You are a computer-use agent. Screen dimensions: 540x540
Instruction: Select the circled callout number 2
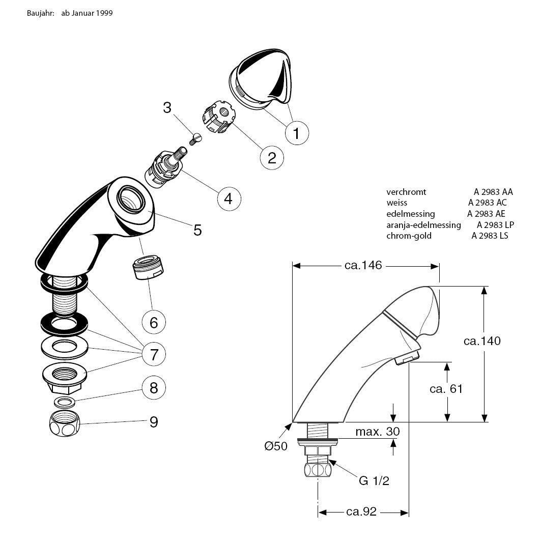coord(272,157)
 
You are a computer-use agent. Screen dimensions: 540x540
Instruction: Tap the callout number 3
coord(167,108)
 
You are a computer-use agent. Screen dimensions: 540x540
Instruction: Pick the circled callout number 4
coord(228,198)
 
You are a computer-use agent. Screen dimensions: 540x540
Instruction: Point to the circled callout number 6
coord(153,322)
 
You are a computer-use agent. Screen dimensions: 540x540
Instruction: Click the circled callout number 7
coord(154,353)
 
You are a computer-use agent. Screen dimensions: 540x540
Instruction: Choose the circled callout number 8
coord(154,388)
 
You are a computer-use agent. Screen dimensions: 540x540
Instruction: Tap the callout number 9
coord(153,422)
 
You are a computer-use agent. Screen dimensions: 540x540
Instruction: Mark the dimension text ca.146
coord(363,265)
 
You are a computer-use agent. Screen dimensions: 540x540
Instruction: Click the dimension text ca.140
coord(482,340)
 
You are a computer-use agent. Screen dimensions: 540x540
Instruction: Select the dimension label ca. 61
coord(446,389)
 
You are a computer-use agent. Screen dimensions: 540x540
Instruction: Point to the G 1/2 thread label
coord(374,480)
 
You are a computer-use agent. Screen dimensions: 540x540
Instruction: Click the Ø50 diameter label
coord(276,446)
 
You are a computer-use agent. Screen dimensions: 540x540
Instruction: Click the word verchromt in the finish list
coord(406,192)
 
